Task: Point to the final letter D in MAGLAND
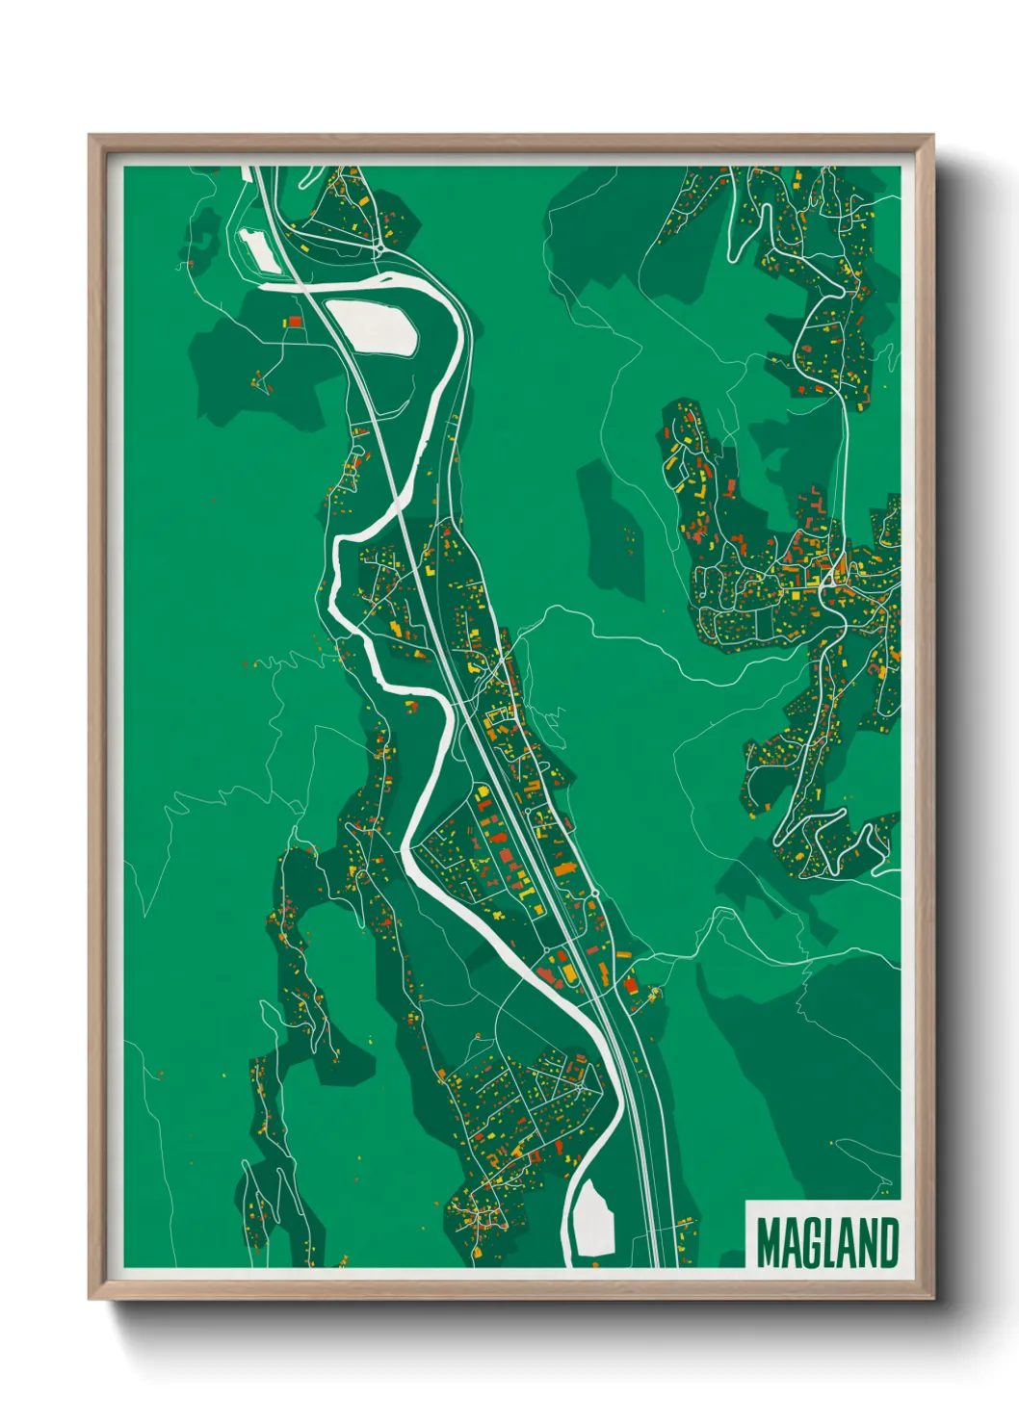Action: pos(888,1243)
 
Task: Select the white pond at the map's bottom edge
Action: pos(591,1217)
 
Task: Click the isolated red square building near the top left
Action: pos(296,321)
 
